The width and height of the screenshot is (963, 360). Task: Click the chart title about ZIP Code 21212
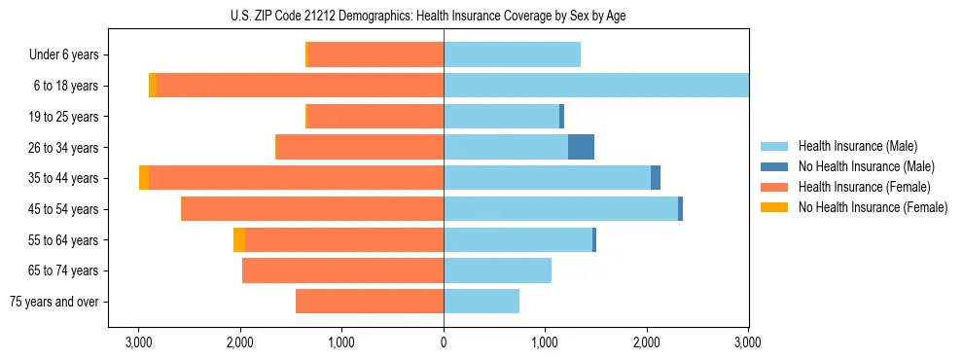click(444, 17)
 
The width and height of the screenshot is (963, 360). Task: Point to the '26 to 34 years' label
click(64, 147)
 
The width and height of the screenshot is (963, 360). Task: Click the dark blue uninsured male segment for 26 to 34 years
click(581, 147)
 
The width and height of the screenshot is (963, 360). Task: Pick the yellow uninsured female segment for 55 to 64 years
click(239, 239)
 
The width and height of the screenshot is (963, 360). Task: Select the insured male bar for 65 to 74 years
click(497, 270)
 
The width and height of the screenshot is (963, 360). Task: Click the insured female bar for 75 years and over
click(370, 302)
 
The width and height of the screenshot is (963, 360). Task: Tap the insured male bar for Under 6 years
click(512, 54)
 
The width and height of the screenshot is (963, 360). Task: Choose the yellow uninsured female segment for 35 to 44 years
click(144, 178)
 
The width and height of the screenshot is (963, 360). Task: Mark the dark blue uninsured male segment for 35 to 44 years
click(656, 178)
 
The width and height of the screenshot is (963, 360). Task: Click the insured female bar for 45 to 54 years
click(313, 209)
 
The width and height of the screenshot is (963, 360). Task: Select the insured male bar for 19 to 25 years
click(501, 117)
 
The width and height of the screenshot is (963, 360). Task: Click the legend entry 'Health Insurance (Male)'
click(857, 146)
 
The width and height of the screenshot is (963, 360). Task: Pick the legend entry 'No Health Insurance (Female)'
click(873, 207)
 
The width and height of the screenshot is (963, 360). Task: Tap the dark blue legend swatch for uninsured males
click(774, 166)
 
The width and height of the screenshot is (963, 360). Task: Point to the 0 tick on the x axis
click(444, 342)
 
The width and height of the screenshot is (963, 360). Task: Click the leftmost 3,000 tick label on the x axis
click(139, 342)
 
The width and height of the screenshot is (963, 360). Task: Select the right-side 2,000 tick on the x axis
click(647, 342)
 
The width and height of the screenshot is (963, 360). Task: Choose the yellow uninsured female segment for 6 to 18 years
click(153, 86)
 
